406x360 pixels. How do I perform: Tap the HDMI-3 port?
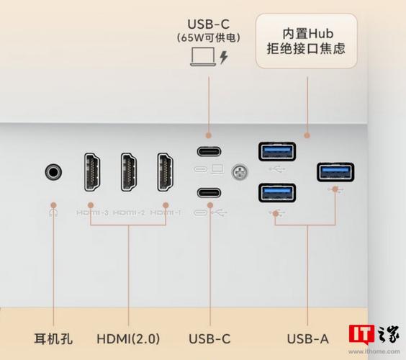click(91, 173)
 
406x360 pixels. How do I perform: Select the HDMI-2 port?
click(130, 173)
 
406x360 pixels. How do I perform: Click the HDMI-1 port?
click(167, 173)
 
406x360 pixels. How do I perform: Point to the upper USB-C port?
click(208, 152)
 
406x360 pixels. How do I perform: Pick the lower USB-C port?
click(208, 192)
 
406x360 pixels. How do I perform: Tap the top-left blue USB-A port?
click(276, 152)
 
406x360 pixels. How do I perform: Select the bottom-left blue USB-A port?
click(276, 192)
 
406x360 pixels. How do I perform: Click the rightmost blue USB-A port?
click(335, 172)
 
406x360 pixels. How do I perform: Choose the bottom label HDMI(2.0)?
click(127, 338)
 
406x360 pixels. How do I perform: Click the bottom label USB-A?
click(307, 338)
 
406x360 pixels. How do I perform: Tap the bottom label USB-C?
click(209, 338)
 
